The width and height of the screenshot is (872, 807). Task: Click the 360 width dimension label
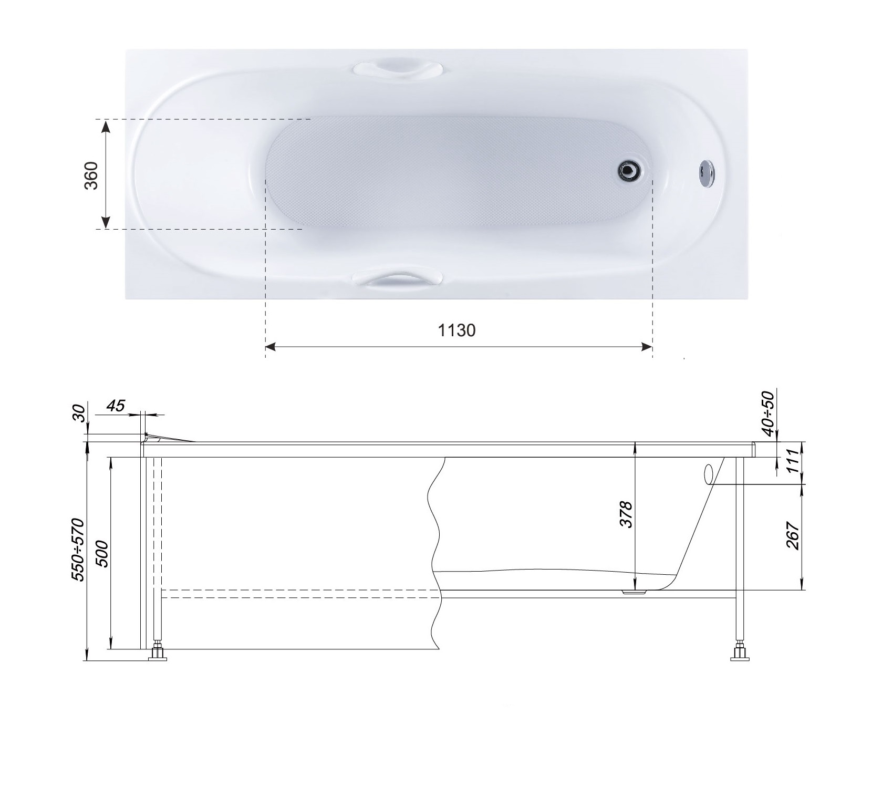click(x=91, y=174)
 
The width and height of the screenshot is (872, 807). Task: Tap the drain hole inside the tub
click(x=628, y=170)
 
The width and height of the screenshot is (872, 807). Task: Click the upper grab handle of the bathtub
click(x=397, y=69)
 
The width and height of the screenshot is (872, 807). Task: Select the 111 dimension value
click(x=794, y=463)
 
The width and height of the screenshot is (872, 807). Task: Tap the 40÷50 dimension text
click(x=767, y=413)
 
